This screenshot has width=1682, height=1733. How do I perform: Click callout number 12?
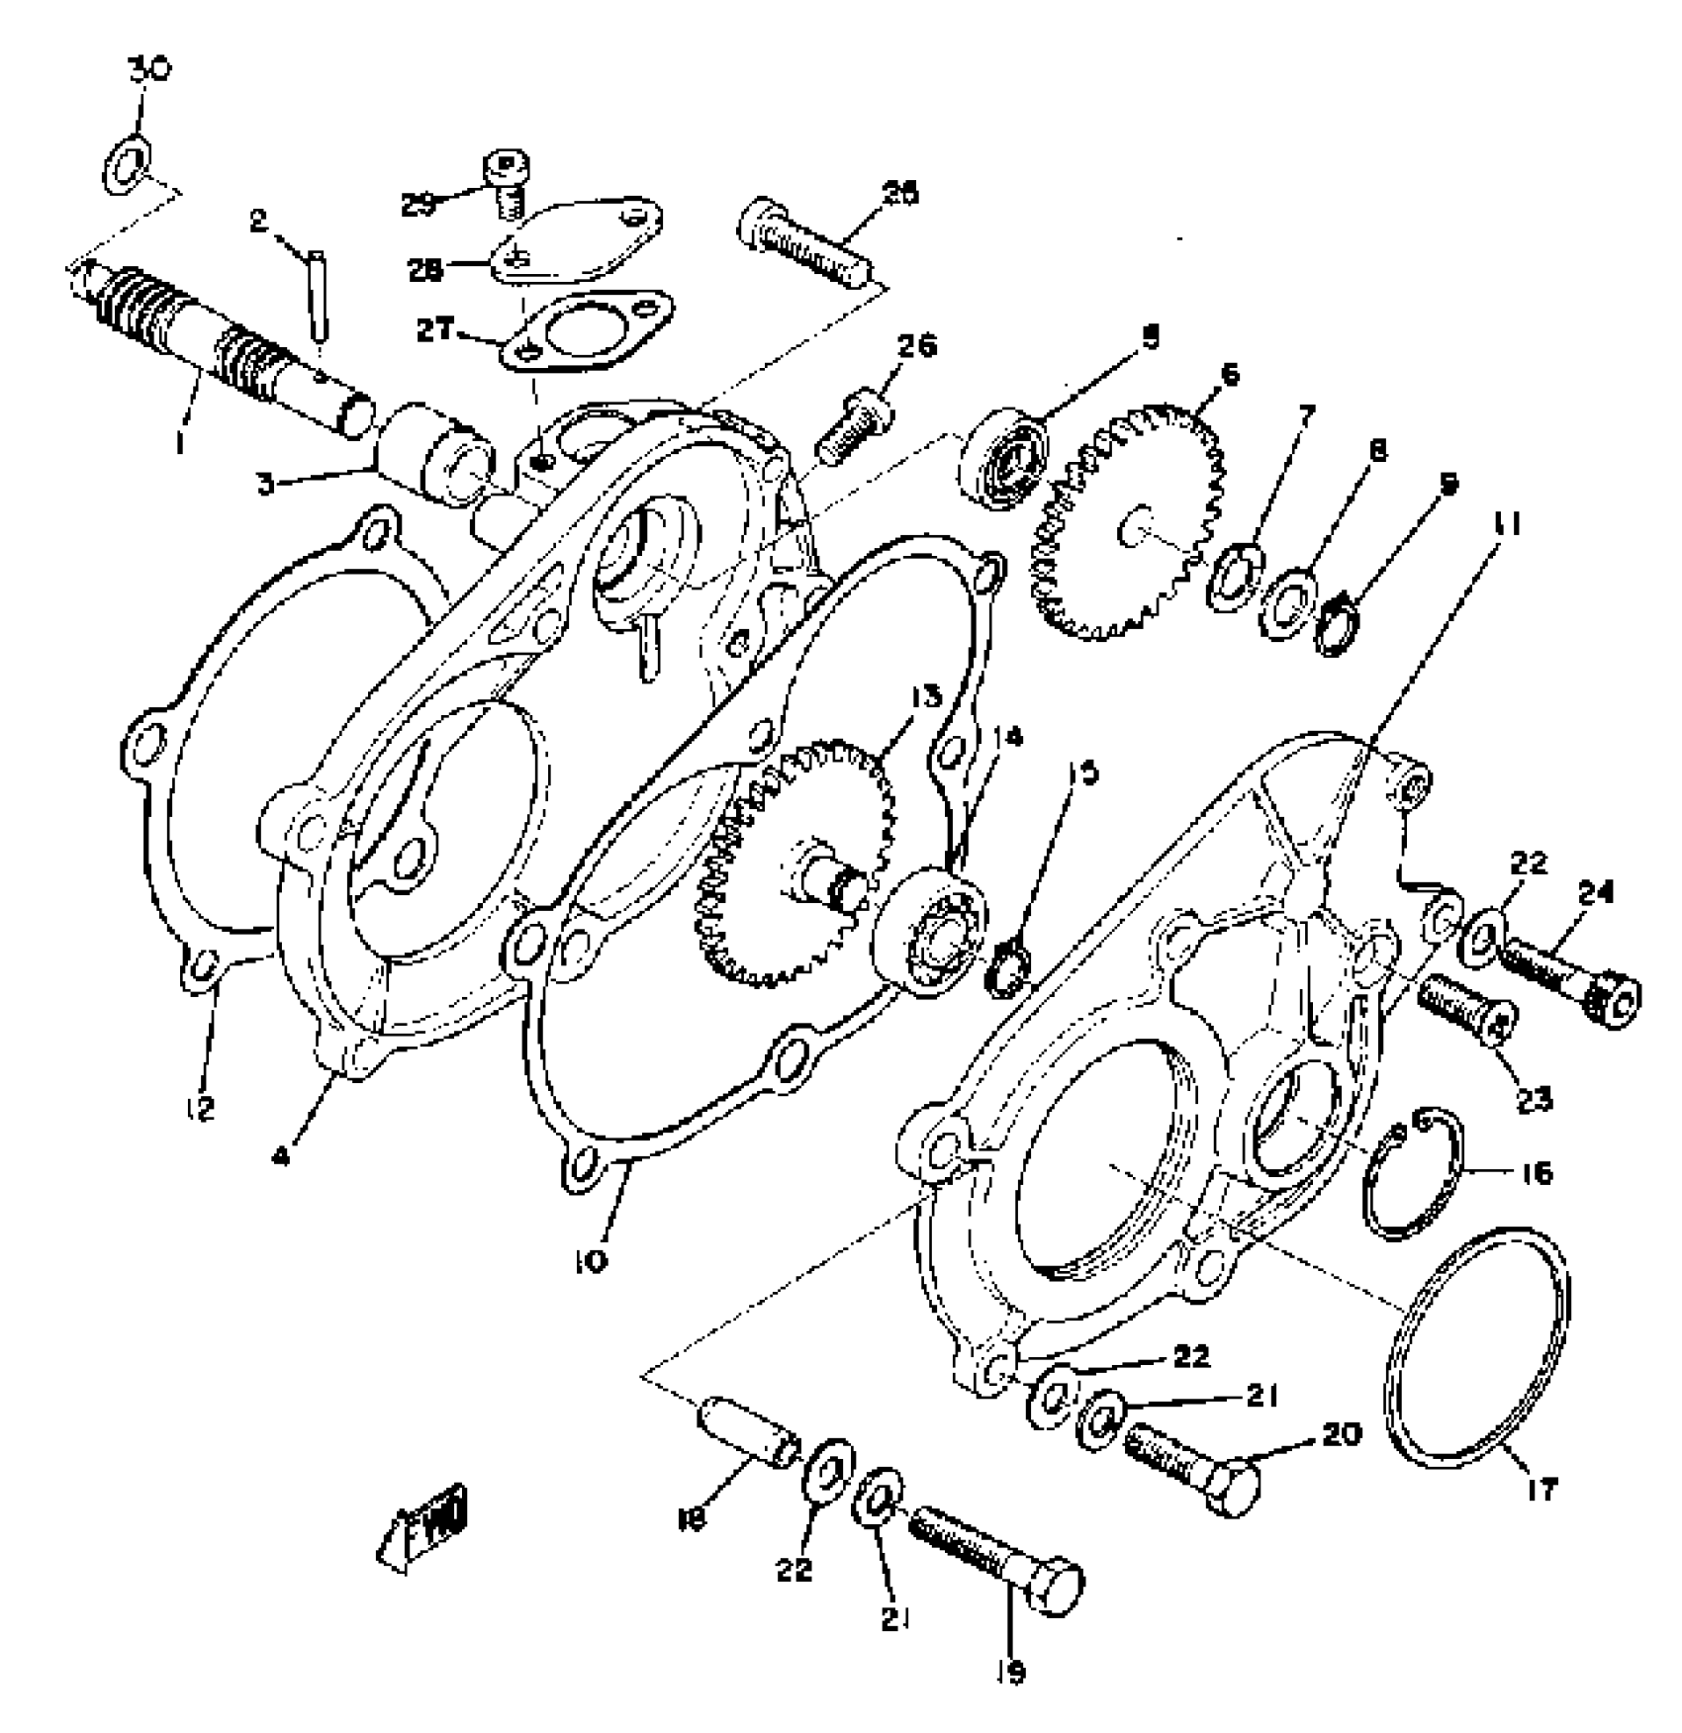(x=201, y=1109)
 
